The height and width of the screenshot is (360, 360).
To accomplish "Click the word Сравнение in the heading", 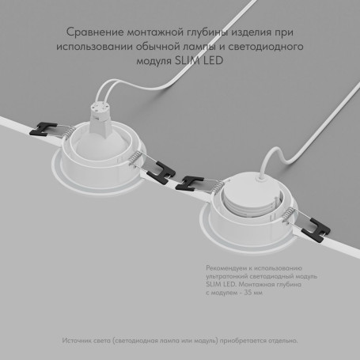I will point(93,32).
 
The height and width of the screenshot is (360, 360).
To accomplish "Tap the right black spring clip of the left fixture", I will point(163,169).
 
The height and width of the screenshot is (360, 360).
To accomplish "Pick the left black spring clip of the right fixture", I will point(193,181).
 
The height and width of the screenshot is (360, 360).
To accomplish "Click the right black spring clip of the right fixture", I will point(316,229).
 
